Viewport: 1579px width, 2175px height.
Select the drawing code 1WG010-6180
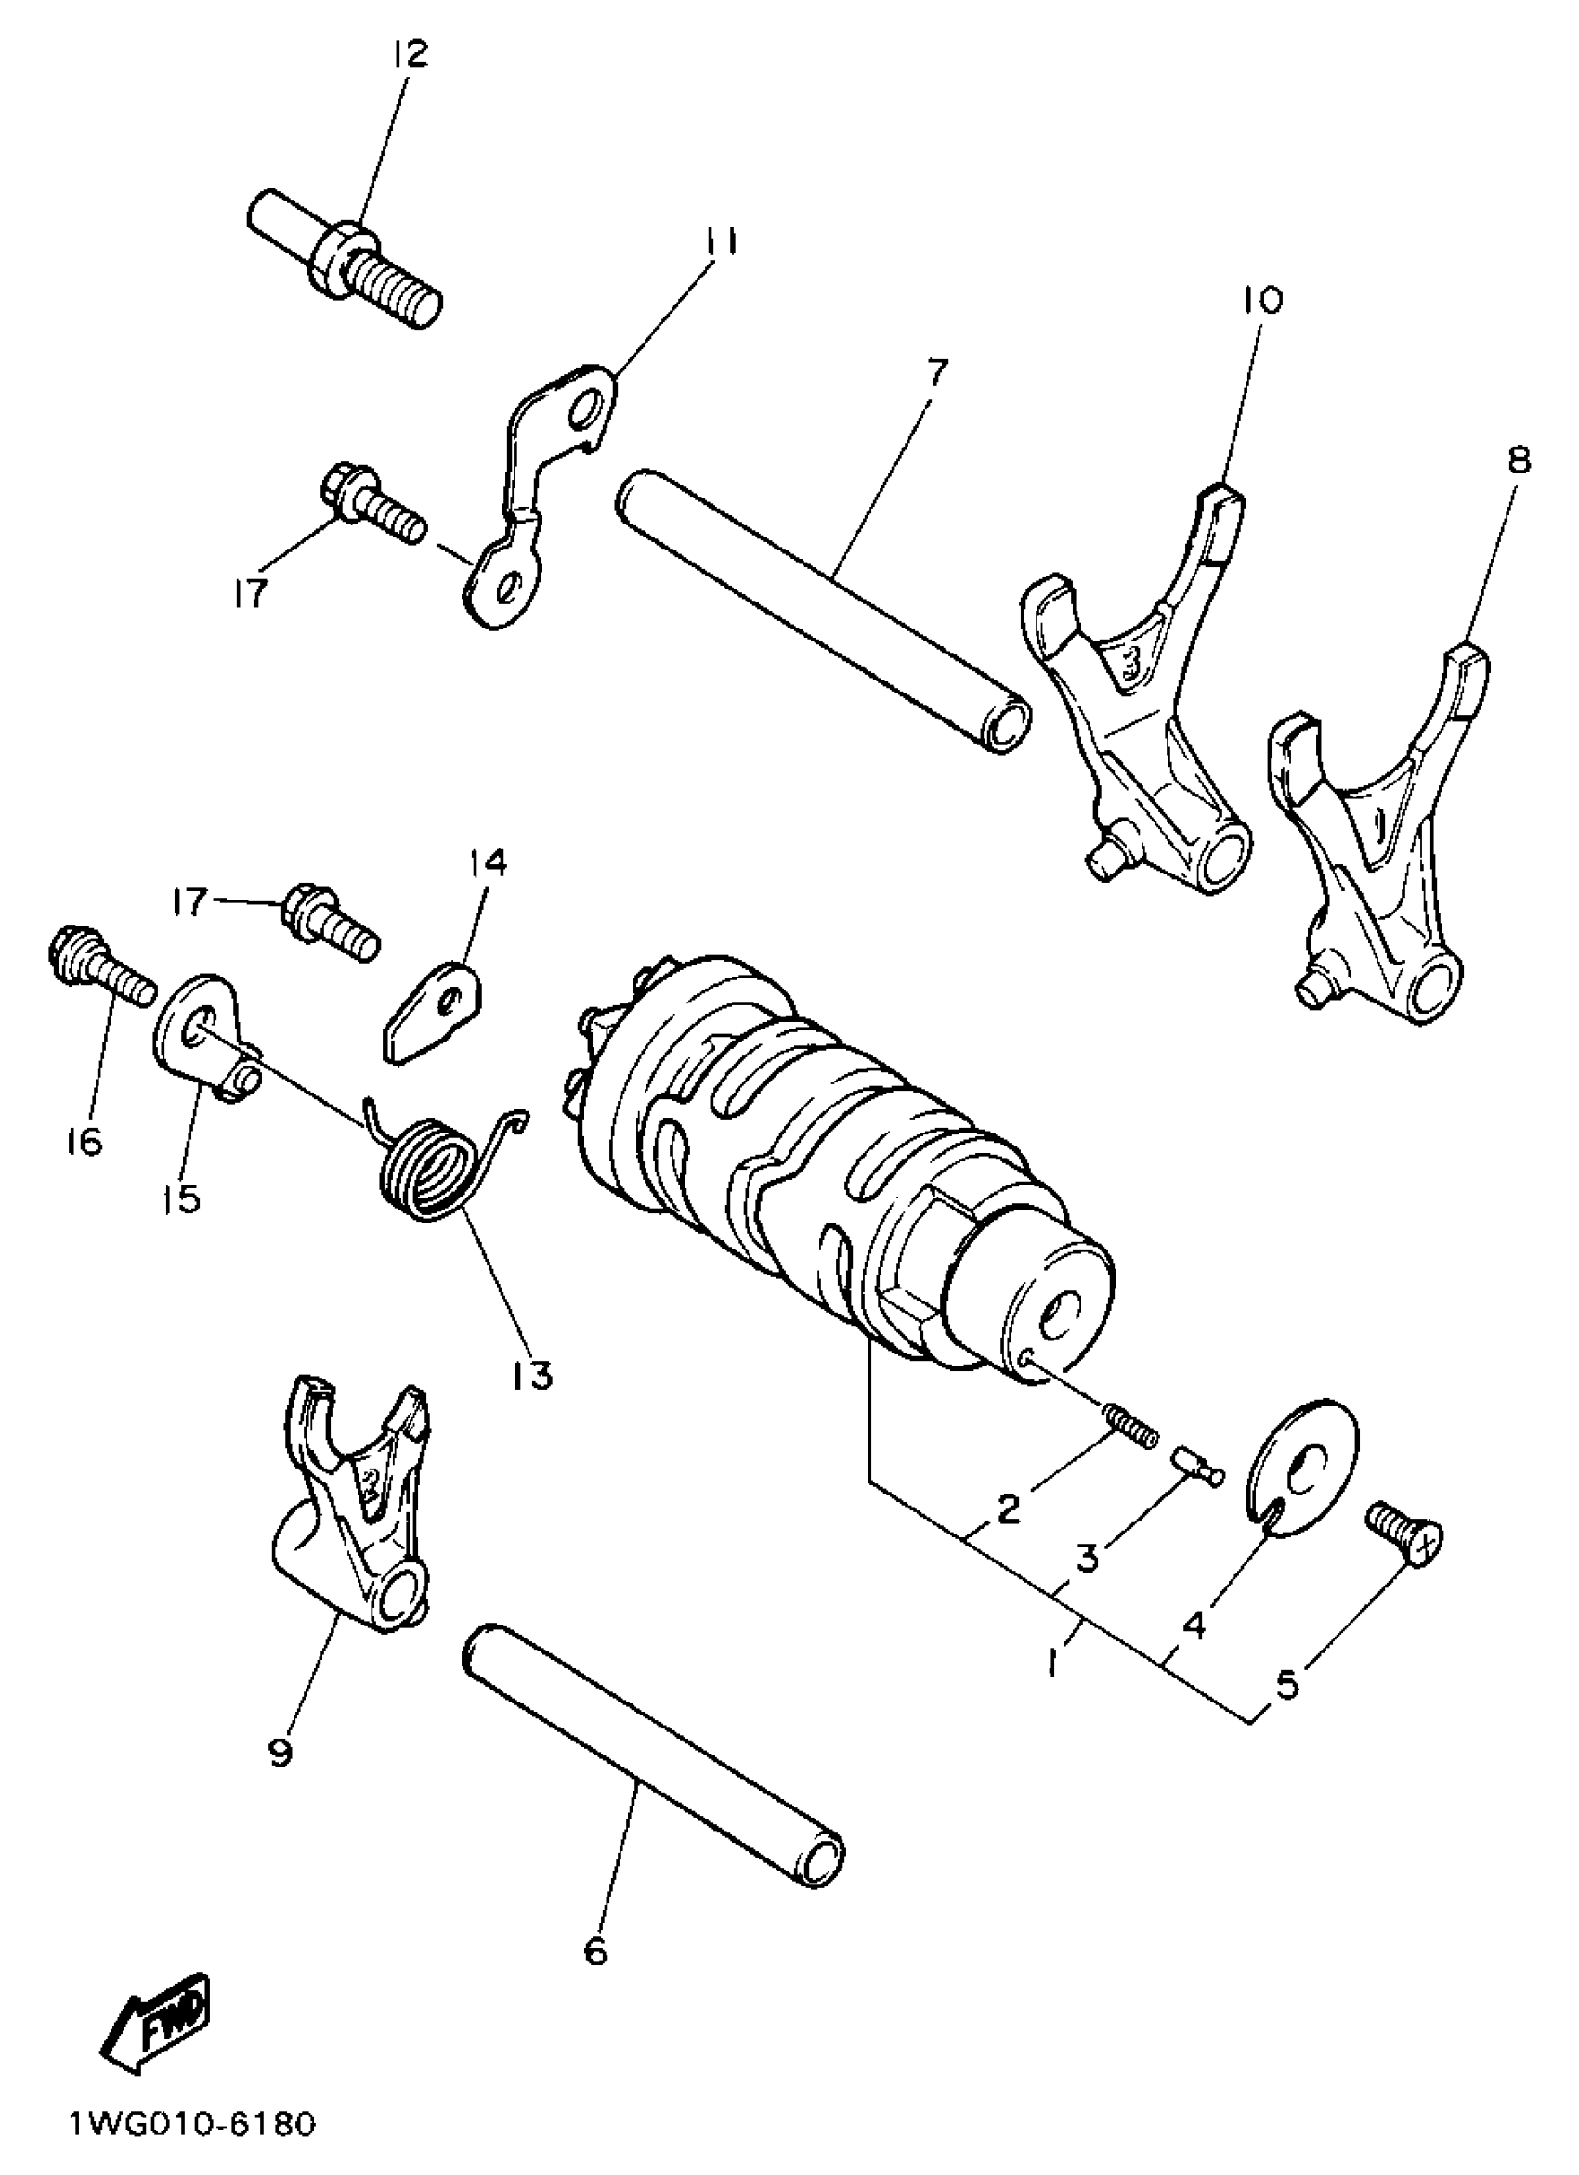[x=191, y=2124]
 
